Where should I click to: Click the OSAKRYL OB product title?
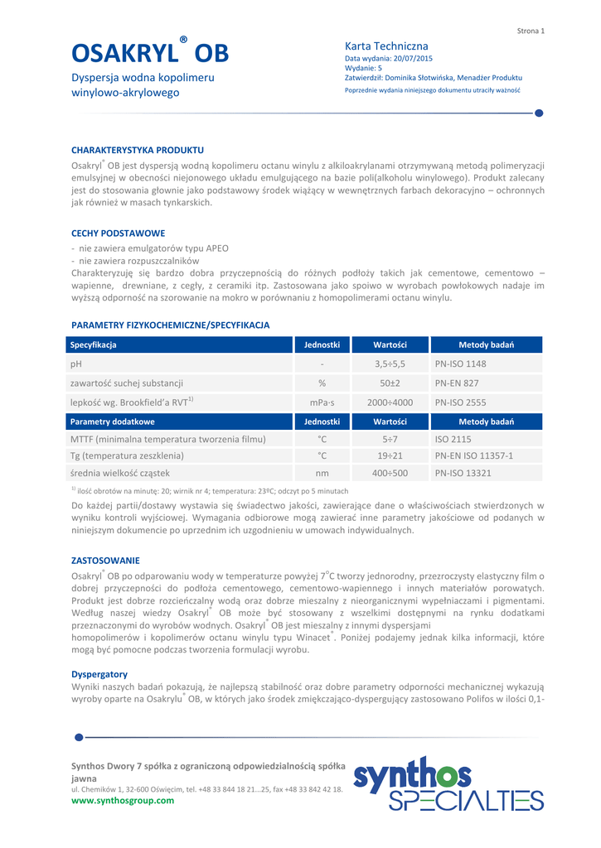(x=149, y=54)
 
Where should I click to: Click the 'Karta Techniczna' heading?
(x=386, y=46)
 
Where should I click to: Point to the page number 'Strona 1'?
(x=531, y=31)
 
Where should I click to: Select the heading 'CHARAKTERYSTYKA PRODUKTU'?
(x=138, y=150)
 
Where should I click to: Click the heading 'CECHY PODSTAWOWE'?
(x=119, y=234)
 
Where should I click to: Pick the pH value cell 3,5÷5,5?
(x=390, y=364)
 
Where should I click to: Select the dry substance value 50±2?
(x=390, y=383)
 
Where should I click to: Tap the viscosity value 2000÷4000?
(x=390, y=402)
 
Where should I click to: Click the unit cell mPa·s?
(x=322, y=402)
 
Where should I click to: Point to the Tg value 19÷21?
(x=390, y=455)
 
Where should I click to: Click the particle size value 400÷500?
(x=390, y=474)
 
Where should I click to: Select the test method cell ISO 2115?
(x=453, y=439)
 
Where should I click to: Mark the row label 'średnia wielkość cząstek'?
(x=120, y=474)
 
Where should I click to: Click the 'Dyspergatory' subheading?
(x=99, y=674)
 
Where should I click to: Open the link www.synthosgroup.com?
(x=124, y=800)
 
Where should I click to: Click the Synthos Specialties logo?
(x=448, y=783)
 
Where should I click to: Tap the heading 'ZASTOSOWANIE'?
(x=105, y=561)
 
